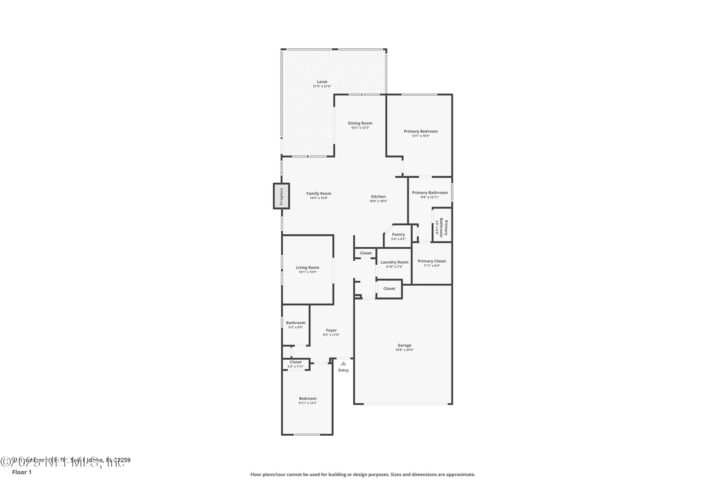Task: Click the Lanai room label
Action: coord(322,82)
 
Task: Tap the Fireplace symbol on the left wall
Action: coord(281,196)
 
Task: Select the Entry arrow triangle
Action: coord(343,363)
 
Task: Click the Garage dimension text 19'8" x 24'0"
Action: coord(404,350)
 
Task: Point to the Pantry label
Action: coord(398,235)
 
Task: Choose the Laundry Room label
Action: coord(394,262)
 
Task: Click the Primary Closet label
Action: coord(432,261)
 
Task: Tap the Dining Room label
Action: coord(360,123)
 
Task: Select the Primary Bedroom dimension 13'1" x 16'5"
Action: coord(421,136)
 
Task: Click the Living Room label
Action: coord(307,268)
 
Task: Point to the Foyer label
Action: coord(331,330)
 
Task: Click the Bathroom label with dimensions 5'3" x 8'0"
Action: coord(295,323)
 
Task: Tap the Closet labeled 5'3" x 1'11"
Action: coord(295,362)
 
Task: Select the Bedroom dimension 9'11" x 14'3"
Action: coord(308,403)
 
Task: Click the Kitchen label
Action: coord(378,196)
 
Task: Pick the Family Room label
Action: coord(319,194)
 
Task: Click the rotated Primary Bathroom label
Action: coord(444,228)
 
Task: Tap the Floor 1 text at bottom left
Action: coord(22,472)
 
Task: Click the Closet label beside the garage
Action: coord(389,289)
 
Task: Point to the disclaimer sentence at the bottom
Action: coord(363,475)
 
